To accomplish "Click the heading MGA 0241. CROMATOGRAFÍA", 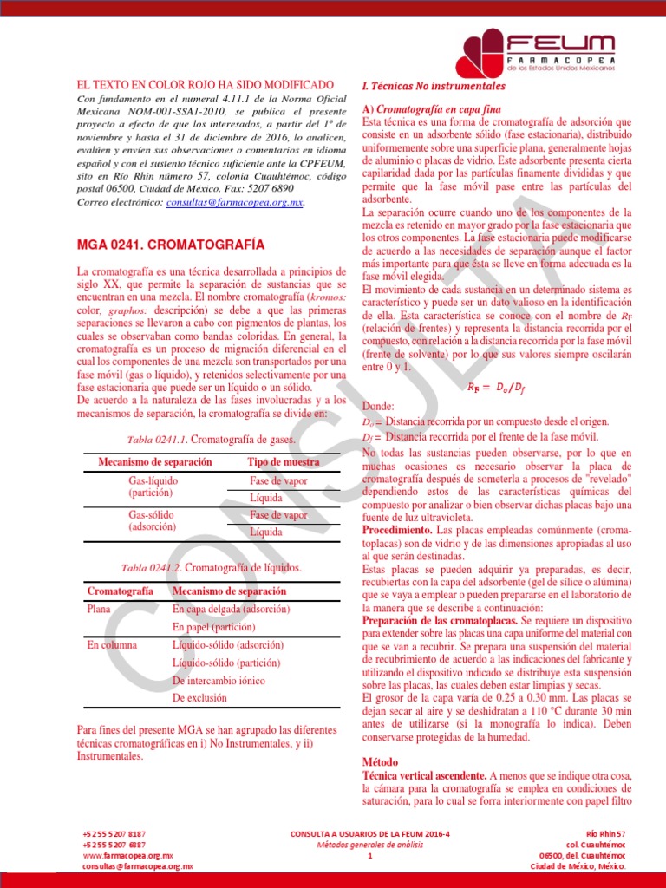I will [171, 245].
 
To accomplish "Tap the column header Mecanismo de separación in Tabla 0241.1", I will [155, 462].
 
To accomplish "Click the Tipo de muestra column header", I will [283, 462].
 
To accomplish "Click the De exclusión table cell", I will [199, 697].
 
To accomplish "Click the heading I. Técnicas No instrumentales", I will [434, 88].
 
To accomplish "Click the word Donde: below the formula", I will [377, 406].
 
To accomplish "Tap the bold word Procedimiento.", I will [396, 528].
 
